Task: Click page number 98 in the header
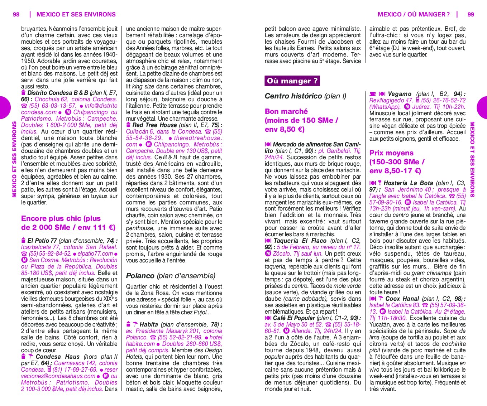[16, 14]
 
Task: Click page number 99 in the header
[471, 14]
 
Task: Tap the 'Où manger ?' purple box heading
[292, 81]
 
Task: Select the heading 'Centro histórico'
[293, 96]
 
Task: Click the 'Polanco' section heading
[140, 276]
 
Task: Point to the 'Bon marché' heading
[286, 111]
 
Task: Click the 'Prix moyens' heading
[391, 153]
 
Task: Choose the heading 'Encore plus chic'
[61, 218]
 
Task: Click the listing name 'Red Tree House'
[154, 125]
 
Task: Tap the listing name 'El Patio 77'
[42, 241]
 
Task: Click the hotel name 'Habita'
[149, 324]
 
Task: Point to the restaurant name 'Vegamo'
[400, 94]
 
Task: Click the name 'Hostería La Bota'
[409, 183]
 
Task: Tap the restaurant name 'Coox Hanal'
[402, 299]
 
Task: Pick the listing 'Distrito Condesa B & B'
[57, 93]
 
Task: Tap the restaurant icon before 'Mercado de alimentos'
[268, 145]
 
